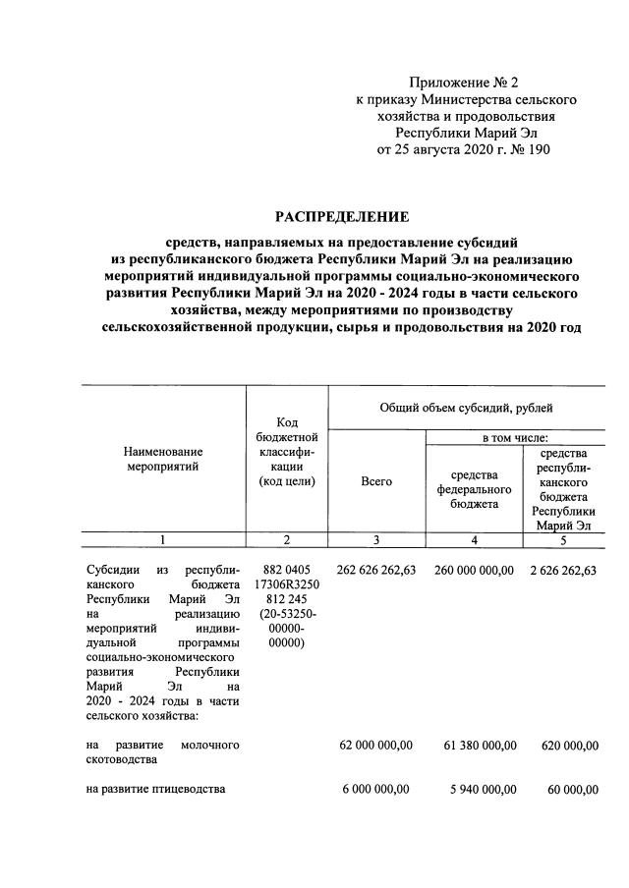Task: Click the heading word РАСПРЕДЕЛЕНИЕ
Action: click(342, 216)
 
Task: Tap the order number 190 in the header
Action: click(539, 150)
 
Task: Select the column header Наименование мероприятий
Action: click(163, 459)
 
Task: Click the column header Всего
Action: click(376, 481)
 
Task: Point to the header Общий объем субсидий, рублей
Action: click(467, 406)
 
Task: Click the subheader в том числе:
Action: click(515, 437)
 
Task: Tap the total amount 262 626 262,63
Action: click(376, 571)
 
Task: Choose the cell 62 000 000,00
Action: click(375, 747)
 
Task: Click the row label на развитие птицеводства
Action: click(156, 790)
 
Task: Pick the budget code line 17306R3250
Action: click(286, 586)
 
